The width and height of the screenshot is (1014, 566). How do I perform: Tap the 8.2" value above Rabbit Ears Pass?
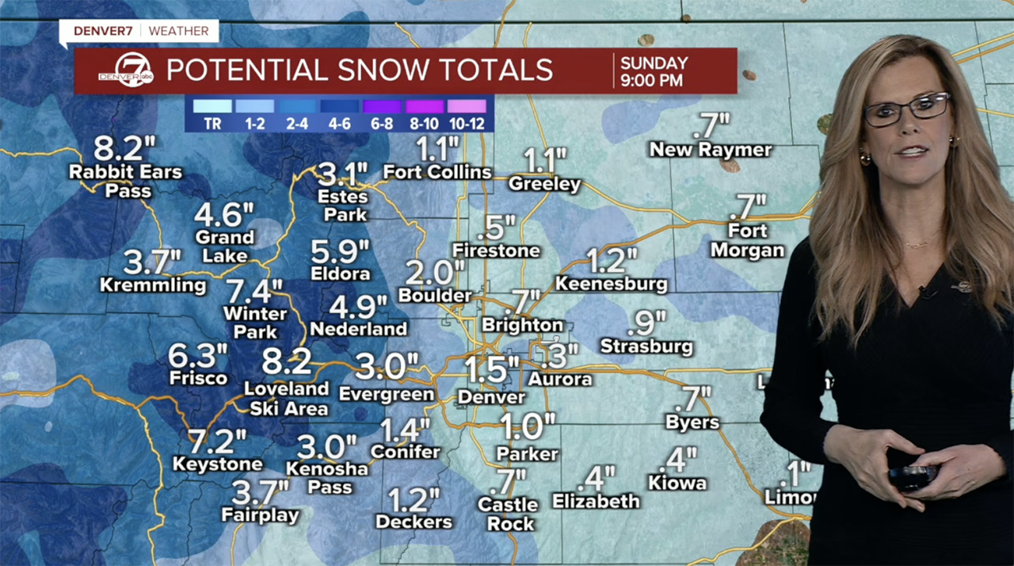(124, 148)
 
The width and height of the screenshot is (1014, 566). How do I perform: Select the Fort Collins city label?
(437, 172)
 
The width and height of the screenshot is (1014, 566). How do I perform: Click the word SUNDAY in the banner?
(654, 63)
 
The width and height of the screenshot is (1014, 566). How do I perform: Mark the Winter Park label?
(255, 323)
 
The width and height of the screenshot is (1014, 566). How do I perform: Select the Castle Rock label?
(509, 514)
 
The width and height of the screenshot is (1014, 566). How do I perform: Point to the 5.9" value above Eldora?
(340, 251)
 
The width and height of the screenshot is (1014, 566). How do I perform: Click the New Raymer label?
(711, 150)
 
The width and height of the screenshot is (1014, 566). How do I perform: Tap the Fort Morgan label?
(747, 240)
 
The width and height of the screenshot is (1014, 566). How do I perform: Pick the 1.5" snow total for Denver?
(492, 370)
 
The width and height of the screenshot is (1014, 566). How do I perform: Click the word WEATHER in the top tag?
(178, 32)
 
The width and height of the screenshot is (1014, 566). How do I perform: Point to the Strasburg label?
(646, 346)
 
